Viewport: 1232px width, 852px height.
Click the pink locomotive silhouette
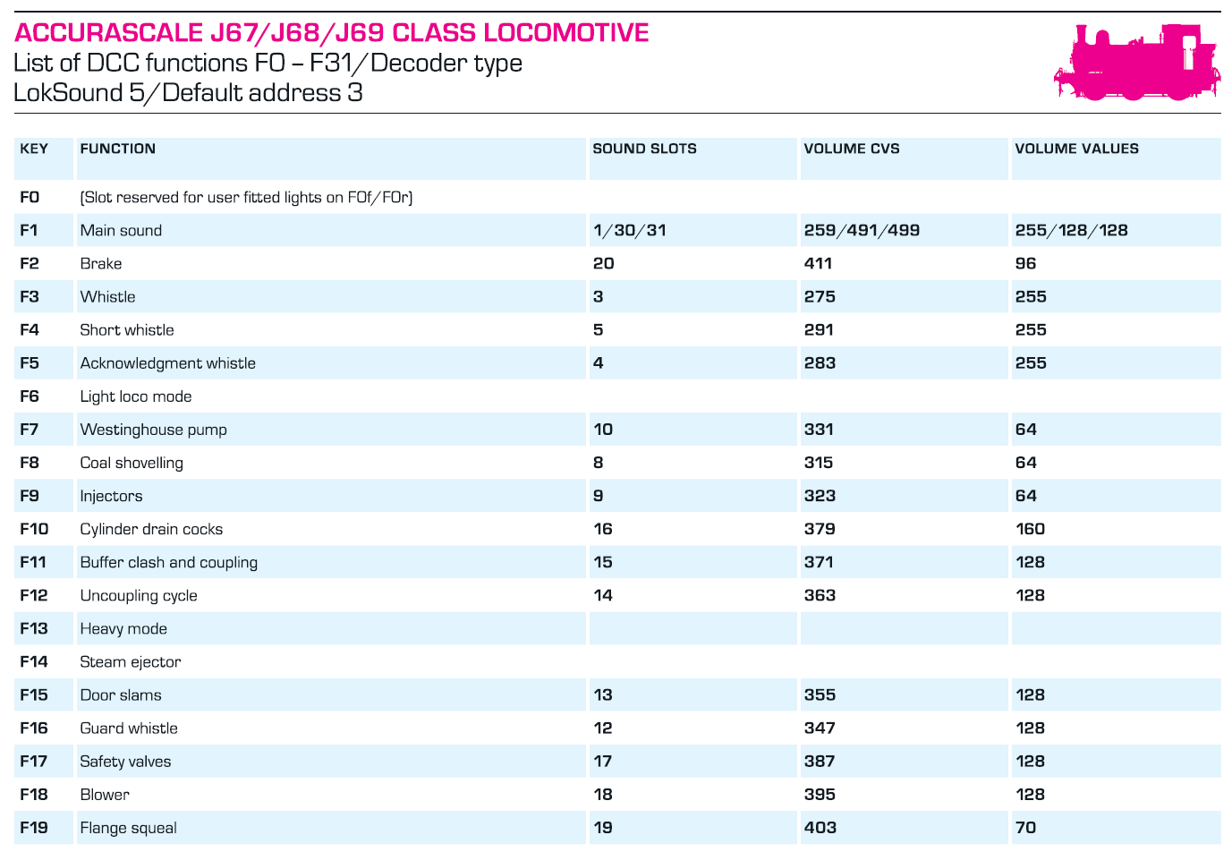[1136, 62]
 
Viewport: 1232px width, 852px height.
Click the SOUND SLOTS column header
[644, 149]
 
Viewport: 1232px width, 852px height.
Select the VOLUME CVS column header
[852, 149]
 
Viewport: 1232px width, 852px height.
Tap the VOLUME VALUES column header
[1076, 149]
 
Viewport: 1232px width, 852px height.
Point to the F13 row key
[33, 628]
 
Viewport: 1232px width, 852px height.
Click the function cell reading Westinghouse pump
[154, 430]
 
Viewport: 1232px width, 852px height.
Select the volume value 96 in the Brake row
[1025, 263]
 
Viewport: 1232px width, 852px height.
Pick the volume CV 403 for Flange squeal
[820, 827]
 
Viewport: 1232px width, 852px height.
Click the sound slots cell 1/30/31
[629, 230]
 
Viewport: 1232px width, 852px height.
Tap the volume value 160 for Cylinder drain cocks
[1030, 529]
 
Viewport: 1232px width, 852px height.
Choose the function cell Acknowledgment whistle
[167, 363]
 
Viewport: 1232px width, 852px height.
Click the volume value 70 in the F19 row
[1025, 827]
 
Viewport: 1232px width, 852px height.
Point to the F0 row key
[30, 197]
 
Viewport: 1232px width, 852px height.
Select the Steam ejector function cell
[131, 661]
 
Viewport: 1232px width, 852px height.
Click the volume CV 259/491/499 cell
[862, 230]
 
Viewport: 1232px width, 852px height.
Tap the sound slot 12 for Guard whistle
[602, 728]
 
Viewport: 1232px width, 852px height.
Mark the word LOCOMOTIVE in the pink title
[566, 32]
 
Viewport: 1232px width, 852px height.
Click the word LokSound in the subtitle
[68, 92]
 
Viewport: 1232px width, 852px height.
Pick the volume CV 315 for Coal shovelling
[819, 463]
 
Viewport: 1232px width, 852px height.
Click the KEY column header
[34, 149]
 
